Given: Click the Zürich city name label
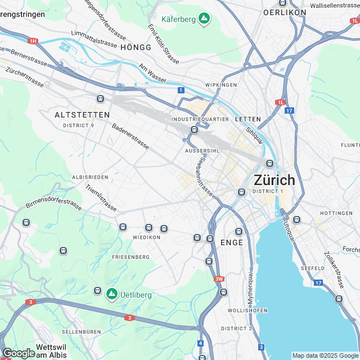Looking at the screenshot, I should coord(274,180).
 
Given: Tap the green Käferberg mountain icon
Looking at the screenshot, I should coord(204,19).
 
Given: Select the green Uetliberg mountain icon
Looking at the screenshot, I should coord(111,294).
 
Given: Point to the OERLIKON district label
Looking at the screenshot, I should coord(285,12).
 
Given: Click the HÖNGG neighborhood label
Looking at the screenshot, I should coord(136,48).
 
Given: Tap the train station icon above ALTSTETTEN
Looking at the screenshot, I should coord(101,99).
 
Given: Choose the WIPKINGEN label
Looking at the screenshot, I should coord(221,84).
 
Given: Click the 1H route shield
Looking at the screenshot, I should coord(33,41).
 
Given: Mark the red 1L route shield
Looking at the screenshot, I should coord(280,102).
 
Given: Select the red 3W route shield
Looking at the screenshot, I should coord(219,279).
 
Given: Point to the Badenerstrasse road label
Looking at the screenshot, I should coord(130,137).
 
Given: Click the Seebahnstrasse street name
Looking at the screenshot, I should coord(204,175).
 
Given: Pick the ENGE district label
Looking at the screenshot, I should coord(232,242).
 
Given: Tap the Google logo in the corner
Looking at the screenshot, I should coord(18,353).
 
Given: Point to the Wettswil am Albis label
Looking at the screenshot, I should coord(51,351).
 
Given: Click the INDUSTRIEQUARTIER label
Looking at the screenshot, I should coord(200,119).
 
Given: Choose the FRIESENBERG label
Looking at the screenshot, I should coord(130,257).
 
